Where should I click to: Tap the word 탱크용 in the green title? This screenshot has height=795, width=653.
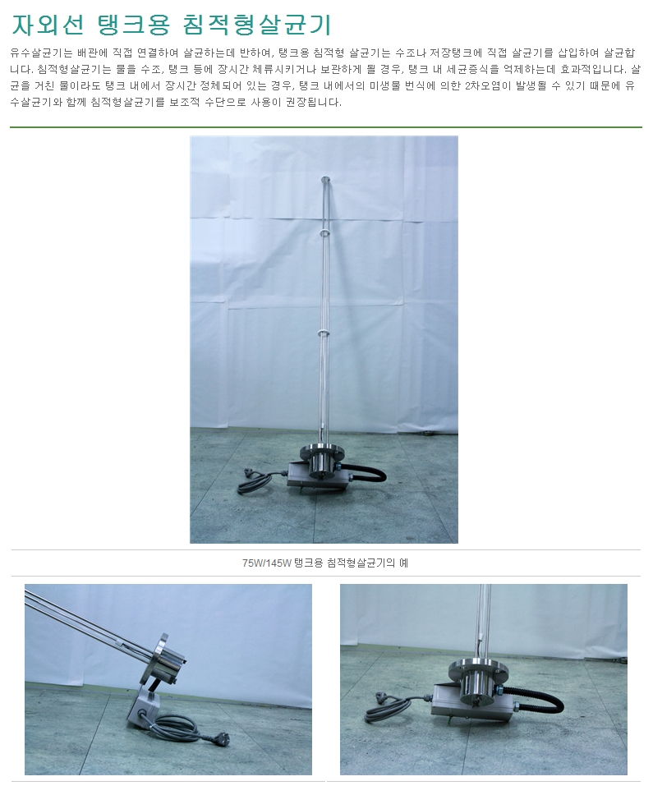click(x=133, y=24)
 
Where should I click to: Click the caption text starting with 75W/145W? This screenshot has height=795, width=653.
click(x=325, y=563)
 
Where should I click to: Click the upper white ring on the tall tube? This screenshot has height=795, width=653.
click(x=324, y=232)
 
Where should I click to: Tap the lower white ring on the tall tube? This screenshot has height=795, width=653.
click(x=324, y=332)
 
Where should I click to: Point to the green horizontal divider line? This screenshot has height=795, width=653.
click(x=326, y=126)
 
